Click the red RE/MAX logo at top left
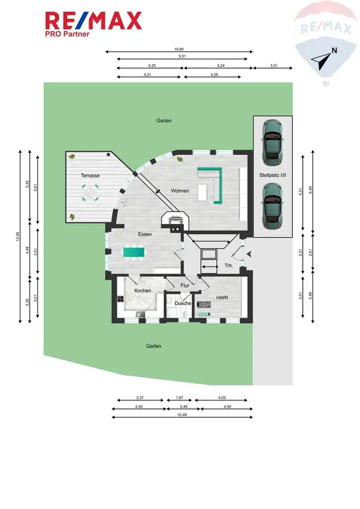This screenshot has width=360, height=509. pos(93,21)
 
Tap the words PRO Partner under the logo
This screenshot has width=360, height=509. pos(67,34)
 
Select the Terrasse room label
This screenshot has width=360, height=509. pos(90,175)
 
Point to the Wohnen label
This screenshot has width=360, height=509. pos(180,191)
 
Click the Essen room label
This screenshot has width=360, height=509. pos(145,234)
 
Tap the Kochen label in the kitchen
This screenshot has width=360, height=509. pos(143,290)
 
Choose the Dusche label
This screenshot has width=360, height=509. pos(182,303)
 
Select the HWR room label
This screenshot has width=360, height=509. pos(221,297)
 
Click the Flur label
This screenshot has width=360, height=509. pos(185,285)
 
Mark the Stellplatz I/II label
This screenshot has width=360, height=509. pos(272,175)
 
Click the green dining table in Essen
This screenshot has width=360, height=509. pos(135,253)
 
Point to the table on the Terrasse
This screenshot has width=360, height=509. pos(90,192)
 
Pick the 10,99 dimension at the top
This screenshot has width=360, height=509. pos(179,49)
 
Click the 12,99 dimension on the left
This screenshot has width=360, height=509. pos(17,237)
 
